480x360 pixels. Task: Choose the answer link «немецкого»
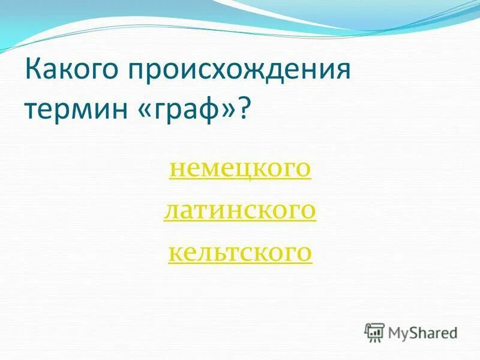(x=240, y=169)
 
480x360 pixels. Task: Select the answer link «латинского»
(x=239, y=211)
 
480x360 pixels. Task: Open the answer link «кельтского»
(x=240, y=253)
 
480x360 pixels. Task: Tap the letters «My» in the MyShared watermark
(x=398, y=332)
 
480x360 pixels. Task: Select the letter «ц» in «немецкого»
(x=240, y=170)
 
